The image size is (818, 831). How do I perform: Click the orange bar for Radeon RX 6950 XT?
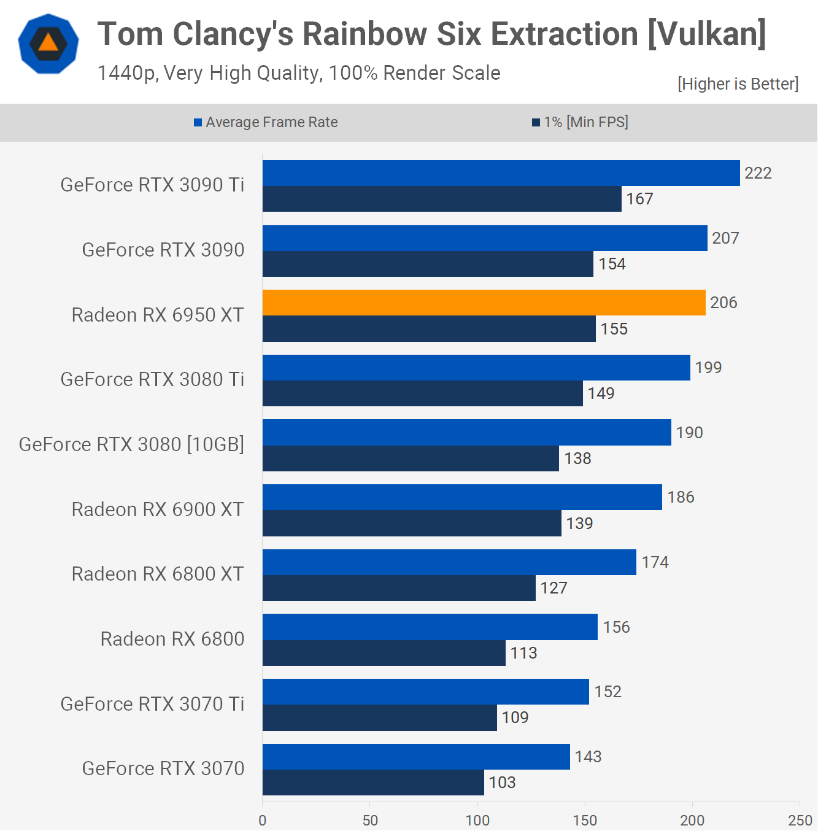pyautogui.click(x=484, y=303)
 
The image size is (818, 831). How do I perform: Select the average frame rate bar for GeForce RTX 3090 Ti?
pyautogui.click(x=501, y=173)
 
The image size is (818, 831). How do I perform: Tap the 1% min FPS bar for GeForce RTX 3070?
pyautogui.click(x=373, y=783)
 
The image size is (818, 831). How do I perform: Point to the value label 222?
pyautogui.click(x=758, y=173)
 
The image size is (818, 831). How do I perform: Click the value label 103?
pyautogui.click(x=502, y=783)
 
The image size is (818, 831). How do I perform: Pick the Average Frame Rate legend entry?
pyautogui.click(x=266, y=122)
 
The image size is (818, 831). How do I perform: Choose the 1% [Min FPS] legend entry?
pyautogui.click(x=580, y=122)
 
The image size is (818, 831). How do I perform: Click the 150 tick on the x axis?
pyautogui.click(x=585, y=820)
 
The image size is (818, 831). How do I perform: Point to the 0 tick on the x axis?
pyautogui.click(x=263, y=820)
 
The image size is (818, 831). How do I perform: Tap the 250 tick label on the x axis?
pyautogui.click(x=800, y=820)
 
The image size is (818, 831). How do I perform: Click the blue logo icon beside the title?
pyautogui.click(x=48, y=44)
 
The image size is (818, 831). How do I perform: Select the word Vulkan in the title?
pyautogui.click(x=706, y=34)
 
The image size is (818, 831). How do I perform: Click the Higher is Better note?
pyautogui.click(x=738, y=84)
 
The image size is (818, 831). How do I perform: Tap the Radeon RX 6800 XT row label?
pyautogui.click(x=158, y=574)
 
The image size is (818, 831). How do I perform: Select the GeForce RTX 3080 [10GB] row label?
pyautogui.click(x=131, y=444)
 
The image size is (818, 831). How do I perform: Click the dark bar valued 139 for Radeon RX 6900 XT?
pyautogui.click(x=412, y=524)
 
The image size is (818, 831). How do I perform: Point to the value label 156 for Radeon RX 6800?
pyautogui.click(x=616, y=627)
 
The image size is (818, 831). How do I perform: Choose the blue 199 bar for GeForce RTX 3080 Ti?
pyautogui.click(x=476, y=368)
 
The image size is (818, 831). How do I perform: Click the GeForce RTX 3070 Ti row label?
pyautogui.click(x=152, y=704)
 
